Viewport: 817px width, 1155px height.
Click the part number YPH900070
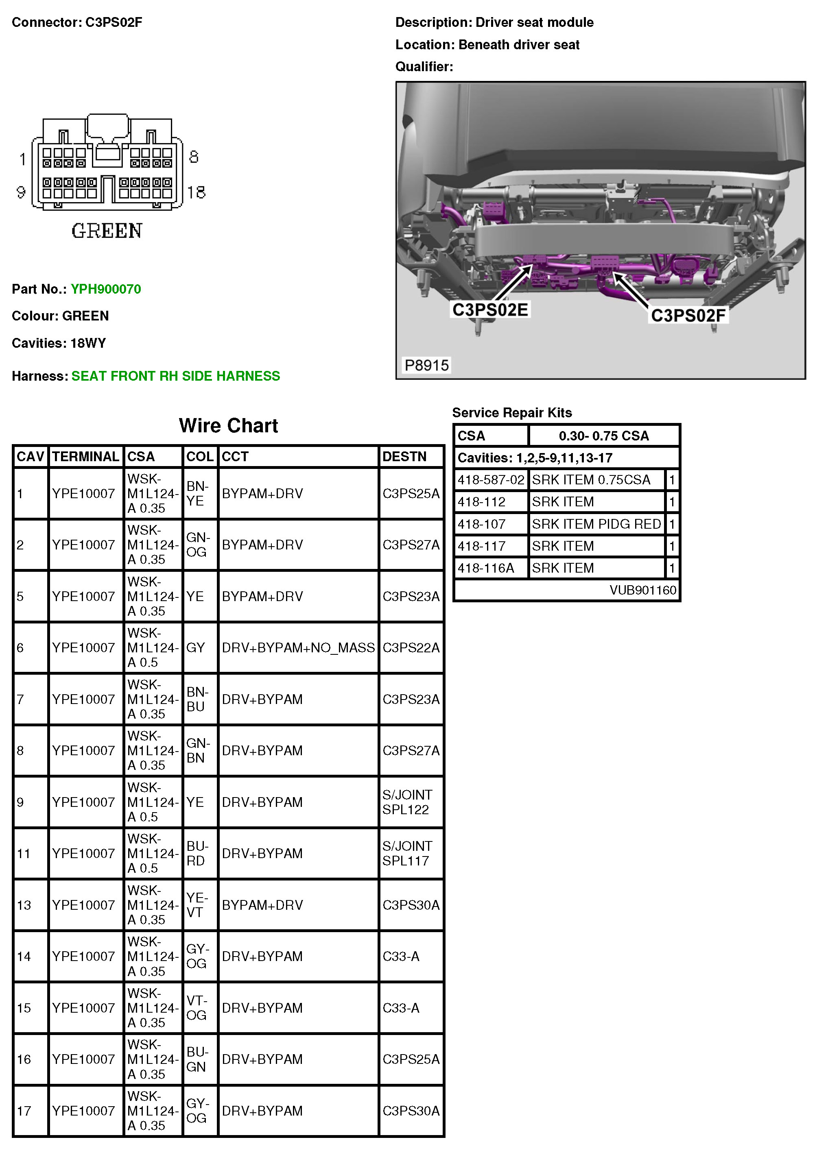[x=106, y=289]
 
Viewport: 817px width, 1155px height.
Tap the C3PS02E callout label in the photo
[x=490, y=310]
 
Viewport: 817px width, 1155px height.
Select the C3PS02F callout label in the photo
[x=688, y=316]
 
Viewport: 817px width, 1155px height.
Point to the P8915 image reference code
[x=426, y=365]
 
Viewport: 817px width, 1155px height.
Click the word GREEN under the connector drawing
[x=107, y=231]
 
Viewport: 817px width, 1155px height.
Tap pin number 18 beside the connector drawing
[x=197, y=192]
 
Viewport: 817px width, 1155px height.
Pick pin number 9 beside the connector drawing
[x=21, y=192]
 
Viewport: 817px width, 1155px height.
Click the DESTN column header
[x=404, y=456]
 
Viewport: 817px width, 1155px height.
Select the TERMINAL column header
[x=85, y=456]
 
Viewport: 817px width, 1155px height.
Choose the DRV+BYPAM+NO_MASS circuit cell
[x=298, y=647]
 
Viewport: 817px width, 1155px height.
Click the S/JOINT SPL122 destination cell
[x=407, y=802]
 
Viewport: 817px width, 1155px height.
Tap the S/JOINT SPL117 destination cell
[x=407, y=853]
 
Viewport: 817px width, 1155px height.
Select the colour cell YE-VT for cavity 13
[x=197, y=905]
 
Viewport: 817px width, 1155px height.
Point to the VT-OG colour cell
[x=197, y=1008]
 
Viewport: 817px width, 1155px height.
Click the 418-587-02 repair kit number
[x=490, y=480]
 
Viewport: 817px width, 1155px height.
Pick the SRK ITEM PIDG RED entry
[x=596, y=524]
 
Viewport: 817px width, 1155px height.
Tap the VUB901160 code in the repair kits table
[x=642, y=590]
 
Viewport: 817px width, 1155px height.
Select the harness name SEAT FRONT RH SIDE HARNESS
[x=176, y=376]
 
